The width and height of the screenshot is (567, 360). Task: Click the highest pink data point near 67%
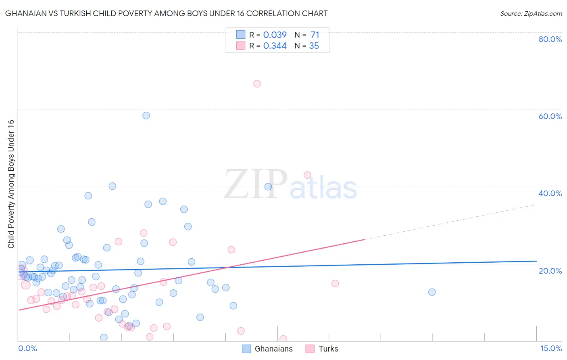(257, 84)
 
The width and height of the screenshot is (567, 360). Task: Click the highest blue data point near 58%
(146, 115)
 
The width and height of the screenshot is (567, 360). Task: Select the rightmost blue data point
(432, 292)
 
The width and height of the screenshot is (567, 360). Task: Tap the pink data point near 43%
(307, 175)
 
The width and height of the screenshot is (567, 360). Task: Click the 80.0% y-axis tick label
(550, 39)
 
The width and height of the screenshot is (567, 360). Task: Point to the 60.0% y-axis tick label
(550, 116)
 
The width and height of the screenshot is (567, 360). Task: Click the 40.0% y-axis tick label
(550, 193)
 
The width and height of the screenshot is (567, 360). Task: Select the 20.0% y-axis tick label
(550, 271)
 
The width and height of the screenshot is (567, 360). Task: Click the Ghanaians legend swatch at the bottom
(246, 349)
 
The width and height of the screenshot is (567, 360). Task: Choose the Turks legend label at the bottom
(328, 349)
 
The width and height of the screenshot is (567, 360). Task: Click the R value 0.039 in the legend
(275, 35)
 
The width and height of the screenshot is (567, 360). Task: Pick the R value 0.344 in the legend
(275, 46)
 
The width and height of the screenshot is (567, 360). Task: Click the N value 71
(315, 35)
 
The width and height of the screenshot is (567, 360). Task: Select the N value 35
(314, 46)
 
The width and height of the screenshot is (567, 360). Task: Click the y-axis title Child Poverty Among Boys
(11, 184)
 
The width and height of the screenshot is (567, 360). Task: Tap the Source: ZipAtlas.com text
(531, 14)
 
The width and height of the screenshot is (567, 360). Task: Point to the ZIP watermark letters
(255, 184)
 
